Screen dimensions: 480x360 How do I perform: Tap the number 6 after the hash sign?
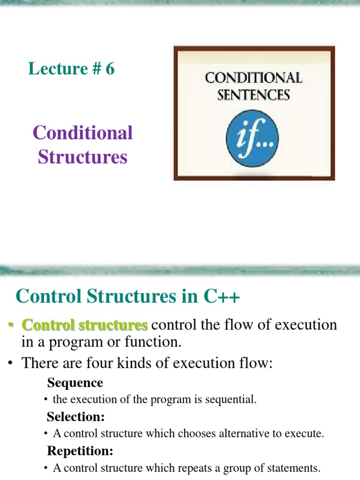click(110, 69)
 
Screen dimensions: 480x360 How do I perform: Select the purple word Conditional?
click(82, 133)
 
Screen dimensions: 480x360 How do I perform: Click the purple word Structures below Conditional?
click(82, 157)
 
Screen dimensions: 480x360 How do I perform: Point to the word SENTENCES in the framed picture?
click(254, 95)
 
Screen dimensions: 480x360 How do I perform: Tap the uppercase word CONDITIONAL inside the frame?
click(254, 77)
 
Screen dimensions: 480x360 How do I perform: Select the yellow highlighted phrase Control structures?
click(85, 325)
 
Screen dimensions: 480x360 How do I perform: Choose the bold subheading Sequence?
click(75, 383)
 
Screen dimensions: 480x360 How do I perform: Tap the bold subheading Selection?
click(76, 417)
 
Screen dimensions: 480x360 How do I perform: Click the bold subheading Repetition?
click(80, 451)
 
